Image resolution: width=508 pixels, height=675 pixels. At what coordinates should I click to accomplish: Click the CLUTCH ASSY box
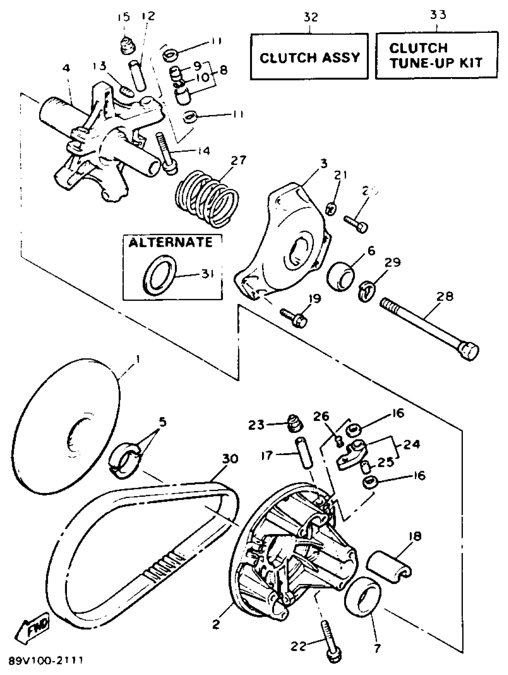coord(309,57)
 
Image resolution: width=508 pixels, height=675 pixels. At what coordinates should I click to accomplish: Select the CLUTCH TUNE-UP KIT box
coord(436,56)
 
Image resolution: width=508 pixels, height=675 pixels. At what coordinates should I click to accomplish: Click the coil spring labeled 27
coord(206,199)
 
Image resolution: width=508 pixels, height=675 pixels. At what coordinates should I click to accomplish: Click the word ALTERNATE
coord(170,243)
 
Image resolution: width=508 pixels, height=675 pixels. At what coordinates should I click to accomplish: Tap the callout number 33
coord(438,14)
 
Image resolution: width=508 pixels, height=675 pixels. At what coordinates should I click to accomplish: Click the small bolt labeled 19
coord(294,318)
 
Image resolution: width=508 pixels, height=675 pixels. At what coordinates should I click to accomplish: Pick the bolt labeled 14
coord(166,154)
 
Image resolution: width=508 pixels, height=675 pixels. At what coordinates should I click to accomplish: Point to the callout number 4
coord(66,68)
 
